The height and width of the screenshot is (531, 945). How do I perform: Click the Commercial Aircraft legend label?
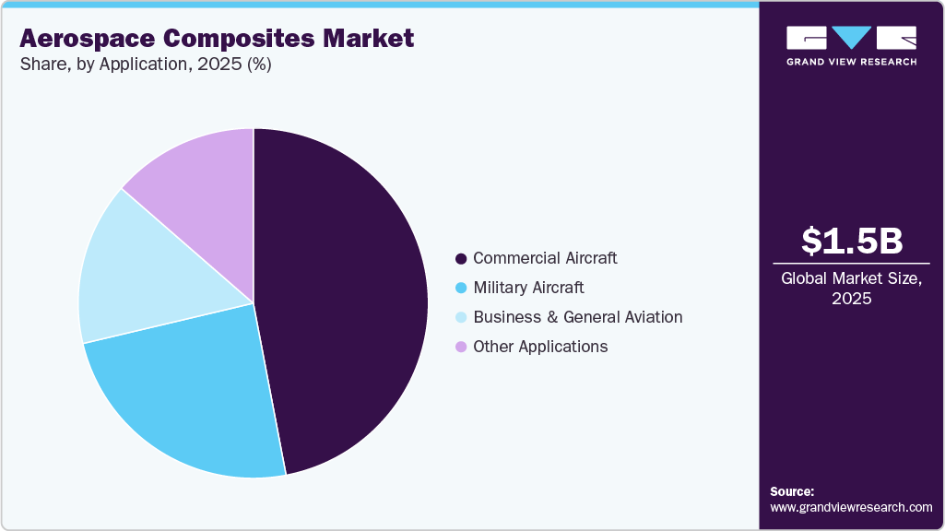point(545,258)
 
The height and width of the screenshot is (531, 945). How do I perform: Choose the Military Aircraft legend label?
point(528,288)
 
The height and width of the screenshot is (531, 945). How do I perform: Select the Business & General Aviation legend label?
point(578,317)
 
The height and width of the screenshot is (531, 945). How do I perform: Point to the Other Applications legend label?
point(540,347)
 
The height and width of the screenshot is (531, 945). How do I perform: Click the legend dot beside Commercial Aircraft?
point(461,258)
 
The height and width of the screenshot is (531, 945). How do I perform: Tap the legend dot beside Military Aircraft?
point(461,288)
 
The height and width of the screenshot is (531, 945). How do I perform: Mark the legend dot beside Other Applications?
point(461,347)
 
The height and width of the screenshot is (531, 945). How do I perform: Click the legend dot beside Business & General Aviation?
point(461,317)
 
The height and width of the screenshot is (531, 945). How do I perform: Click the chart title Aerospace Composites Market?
point(217,39)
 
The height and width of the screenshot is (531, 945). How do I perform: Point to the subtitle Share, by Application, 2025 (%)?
point(145,65)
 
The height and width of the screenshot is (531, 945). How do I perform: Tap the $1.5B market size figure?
point(851,241)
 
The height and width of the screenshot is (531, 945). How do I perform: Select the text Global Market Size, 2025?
point(851,289)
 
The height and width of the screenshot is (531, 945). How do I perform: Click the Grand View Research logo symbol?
point(851,38)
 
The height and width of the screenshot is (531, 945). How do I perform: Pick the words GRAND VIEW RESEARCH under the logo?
point(851,62)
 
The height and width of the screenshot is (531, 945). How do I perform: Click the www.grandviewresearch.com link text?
point(851,507)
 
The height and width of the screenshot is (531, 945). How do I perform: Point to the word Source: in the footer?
point(792,491)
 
